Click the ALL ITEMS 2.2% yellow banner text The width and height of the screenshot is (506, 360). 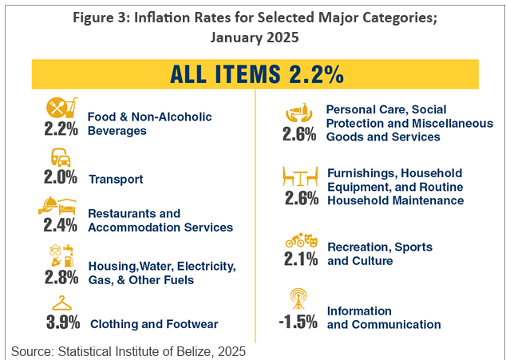256,74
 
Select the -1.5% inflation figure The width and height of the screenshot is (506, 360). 298,322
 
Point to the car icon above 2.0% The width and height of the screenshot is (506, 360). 61,156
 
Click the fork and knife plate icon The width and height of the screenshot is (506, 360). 62,107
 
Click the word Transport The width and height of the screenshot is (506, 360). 116,180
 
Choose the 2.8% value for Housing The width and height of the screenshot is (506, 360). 61,277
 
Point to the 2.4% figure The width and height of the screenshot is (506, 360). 61,226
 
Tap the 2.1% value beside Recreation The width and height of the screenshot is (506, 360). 300,258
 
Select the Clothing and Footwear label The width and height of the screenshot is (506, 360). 154,324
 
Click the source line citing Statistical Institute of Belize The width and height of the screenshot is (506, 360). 128,350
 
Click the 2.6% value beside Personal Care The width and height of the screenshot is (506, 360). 299,135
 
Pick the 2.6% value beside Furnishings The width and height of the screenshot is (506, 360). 299,199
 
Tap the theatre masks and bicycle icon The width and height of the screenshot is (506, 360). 300,239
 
